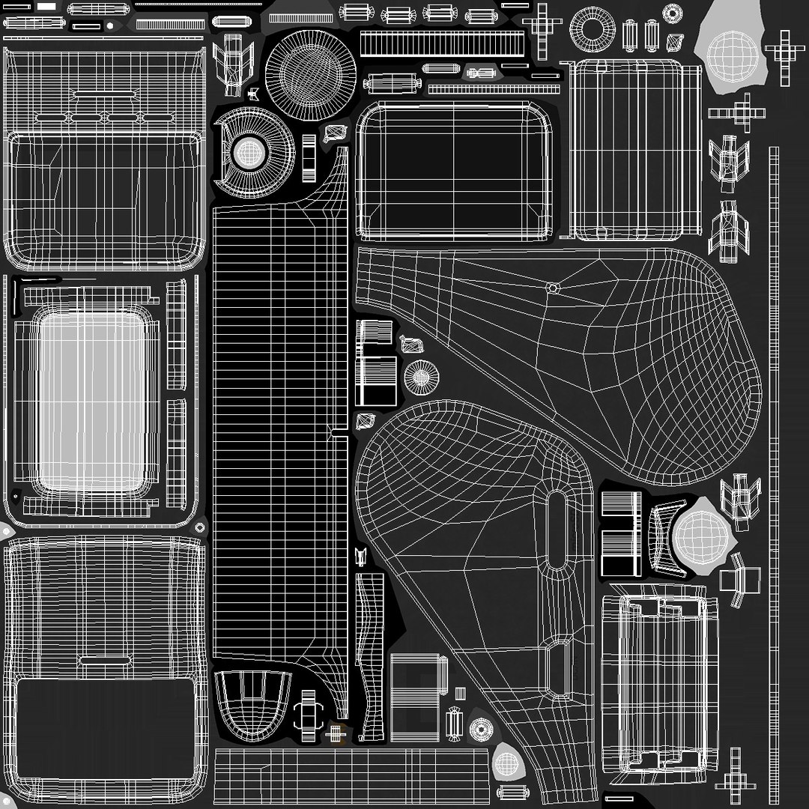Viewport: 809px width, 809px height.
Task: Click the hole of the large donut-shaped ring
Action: tap(593, 28)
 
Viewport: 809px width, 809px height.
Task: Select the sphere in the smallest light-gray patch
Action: tap(507, 763)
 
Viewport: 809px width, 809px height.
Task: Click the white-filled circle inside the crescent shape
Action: tap(249, 154)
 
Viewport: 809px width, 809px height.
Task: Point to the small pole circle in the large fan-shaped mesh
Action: tap(553, 288)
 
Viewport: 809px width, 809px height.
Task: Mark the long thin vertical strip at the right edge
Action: tap(774, 449)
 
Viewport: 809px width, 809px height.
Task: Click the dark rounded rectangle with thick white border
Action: tap(454, 169)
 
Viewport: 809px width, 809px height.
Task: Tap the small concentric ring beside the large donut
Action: tap(673, 13)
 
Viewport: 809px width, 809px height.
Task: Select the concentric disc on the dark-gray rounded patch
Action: tap(480, 728)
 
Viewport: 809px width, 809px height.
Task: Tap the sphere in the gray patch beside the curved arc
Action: tap(700, 535)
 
